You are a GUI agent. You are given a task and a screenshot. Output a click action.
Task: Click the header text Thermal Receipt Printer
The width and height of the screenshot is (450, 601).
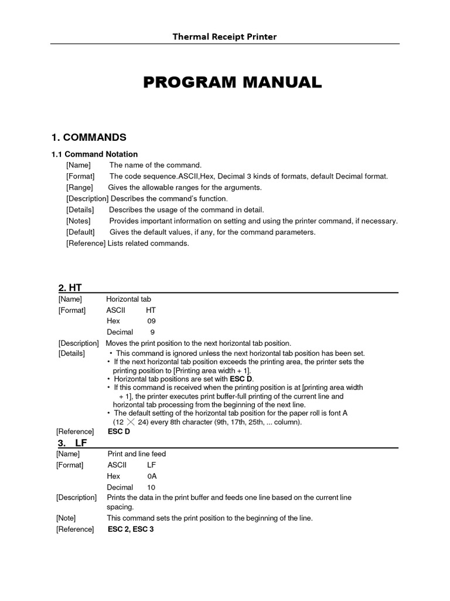[x=224, y=37]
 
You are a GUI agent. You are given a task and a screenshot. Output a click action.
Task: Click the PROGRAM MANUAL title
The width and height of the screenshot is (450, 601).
[x=233, y=83]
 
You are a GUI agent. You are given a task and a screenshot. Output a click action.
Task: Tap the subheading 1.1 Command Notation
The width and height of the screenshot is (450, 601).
[x=94, y=154]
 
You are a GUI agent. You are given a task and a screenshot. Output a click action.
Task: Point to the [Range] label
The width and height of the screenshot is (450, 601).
[x=79, y=188]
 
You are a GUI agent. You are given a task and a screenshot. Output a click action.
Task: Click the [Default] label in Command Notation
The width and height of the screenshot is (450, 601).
[x=81, y=232]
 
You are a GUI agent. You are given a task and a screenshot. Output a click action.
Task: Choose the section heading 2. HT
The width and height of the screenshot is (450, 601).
[x=70, y=288]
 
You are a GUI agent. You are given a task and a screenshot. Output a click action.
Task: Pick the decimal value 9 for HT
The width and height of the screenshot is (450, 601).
[x=152, y=332]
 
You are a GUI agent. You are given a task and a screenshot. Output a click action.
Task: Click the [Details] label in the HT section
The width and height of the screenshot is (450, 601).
[x=71, y=353]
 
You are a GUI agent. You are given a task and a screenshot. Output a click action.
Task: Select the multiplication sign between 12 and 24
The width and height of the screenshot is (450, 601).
[x=135, y=422]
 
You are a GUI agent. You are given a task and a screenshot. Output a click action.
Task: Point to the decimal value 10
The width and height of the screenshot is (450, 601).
[x=151, y=487]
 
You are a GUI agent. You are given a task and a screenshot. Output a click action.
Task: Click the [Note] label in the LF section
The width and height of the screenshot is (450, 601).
[x=66, y=518]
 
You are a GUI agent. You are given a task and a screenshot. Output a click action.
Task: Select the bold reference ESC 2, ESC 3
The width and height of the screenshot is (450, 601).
[x=131, y=529]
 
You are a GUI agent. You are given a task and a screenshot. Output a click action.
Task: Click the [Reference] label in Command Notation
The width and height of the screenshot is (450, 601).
[x=86, y=244]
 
